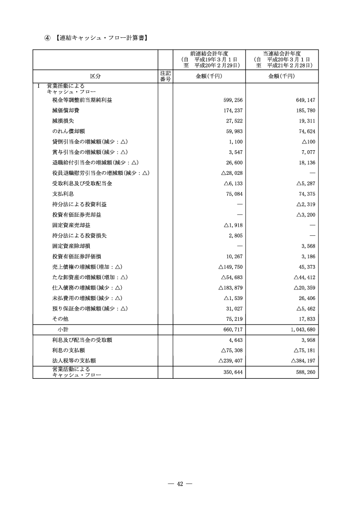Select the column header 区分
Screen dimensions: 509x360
coord(95,76)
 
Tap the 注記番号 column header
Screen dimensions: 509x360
coord(165,76)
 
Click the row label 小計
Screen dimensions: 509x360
coord(63,329)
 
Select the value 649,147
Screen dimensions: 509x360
coord(306,100)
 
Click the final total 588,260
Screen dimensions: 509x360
coord(306,372)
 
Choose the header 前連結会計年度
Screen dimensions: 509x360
coord(209,53)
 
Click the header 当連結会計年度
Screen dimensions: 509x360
coord(282,53)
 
